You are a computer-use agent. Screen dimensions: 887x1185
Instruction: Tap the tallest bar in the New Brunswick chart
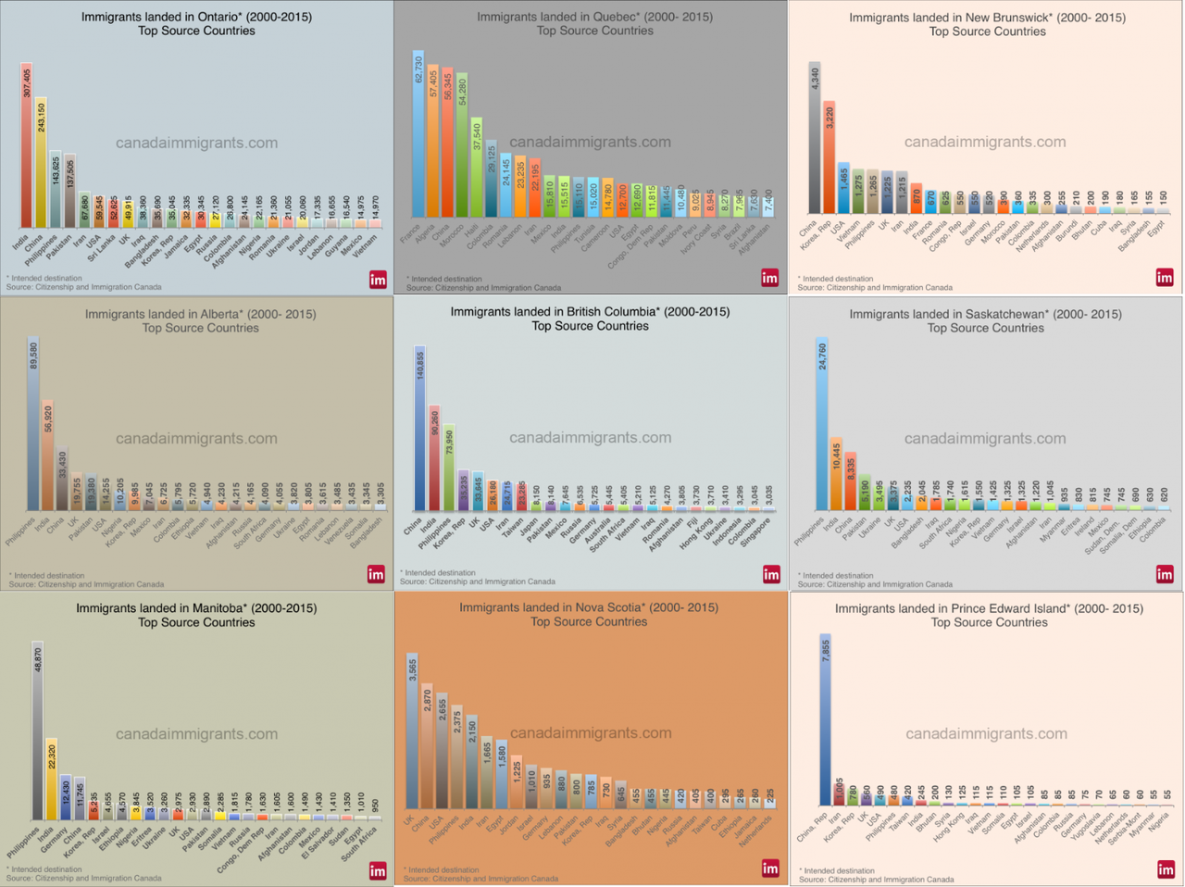coord(815,138)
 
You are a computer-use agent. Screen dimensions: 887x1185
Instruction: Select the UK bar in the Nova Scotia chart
coord(412,731)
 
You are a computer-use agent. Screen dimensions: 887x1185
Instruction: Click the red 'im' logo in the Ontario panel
coord(378,280)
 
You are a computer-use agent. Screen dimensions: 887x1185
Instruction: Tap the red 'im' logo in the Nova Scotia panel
coord(770,868)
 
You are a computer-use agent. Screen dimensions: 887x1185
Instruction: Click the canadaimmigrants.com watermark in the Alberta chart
coord(196,439)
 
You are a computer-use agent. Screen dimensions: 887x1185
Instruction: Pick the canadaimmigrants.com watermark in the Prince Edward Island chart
coord(986,733)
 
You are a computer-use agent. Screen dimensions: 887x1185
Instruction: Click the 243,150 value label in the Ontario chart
coord(41,118)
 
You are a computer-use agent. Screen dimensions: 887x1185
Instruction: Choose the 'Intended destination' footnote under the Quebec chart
coord(444,279)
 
